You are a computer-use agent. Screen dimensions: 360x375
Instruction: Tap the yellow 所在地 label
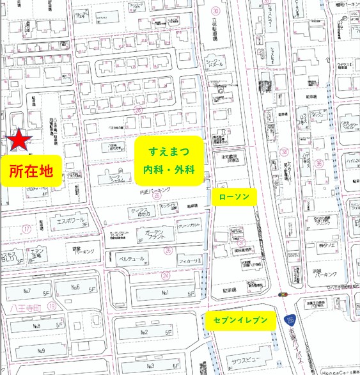pos(31,171)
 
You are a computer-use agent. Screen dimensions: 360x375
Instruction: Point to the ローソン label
pos(234,196)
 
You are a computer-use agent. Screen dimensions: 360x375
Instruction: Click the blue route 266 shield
pos(290,318)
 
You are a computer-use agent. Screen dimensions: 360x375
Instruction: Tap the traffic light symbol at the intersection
pos(282,294)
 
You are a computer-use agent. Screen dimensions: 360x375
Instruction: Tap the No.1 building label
pos(164,293)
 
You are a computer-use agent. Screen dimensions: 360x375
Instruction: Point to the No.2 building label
pos(145,333)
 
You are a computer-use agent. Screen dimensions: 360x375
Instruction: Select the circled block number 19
pos(51,307)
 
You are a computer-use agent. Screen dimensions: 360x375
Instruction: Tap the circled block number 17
pos(26,228)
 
